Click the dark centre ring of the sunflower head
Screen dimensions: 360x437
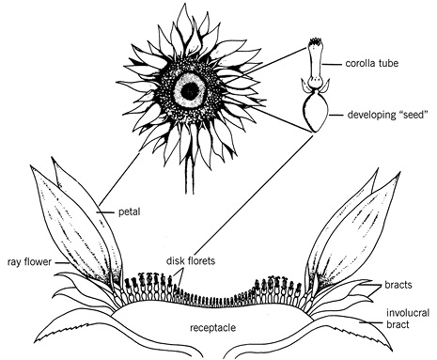194,77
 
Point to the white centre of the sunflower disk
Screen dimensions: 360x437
194,90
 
